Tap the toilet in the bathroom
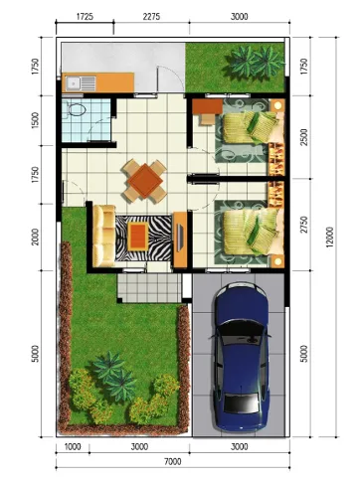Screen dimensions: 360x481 click(77, 108)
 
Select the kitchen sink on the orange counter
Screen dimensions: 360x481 click(81, 83)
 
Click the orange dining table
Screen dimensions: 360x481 click(145, 181)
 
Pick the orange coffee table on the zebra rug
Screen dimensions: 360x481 click(138, 237)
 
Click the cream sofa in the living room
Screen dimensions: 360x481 click(104, 236)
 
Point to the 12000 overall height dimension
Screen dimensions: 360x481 click(329, 238)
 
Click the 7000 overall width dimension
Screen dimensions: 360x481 click(173, 461)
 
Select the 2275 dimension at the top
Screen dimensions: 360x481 click(151, 16)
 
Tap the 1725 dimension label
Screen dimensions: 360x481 click(85, 16)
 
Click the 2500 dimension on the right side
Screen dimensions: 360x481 click(303, 137)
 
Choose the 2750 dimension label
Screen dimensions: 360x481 click(303, 225)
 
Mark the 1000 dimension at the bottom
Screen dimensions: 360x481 click(73, 447)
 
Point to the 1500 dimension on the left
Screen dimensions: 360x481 click(35, 120)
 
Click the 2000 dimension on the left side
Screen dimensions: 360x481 click(35, 238)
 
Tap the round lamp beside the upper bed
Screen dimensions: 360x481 click(277, 106)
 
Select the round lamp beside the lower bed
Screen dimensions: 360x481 click(277, 261)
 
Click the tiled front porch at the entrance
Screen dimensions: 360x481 click(149, 287)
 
